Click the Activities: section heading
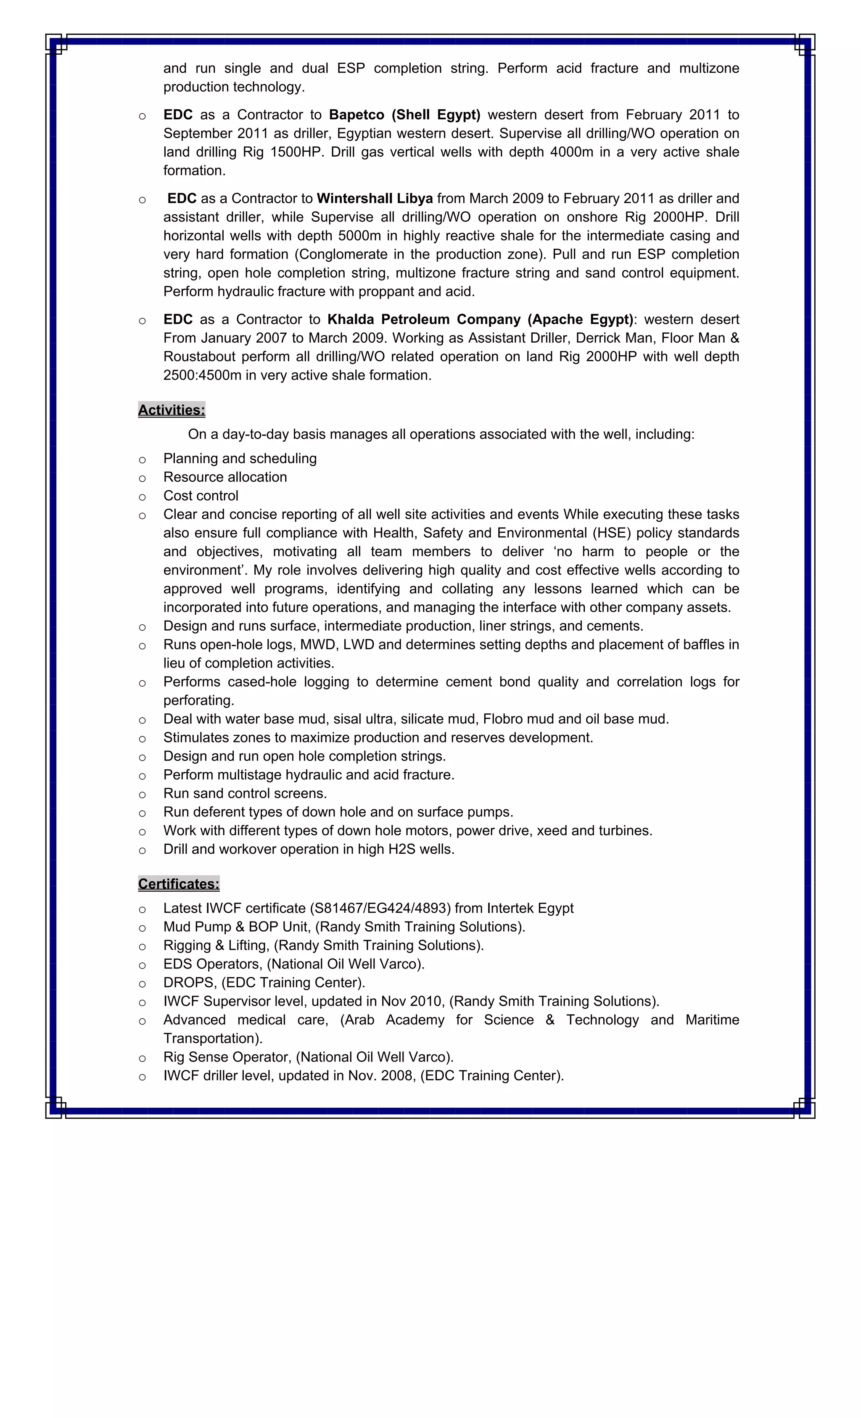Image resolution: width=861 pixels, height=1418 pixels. pyautogui.click(x=172, y=410)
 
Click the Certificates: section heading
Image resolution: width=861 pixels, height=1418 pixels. pyautogui.click(x=178, y=883)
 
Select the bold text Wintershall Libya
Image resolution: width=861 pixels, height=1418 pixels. pyautogui.click(x=375, y=198)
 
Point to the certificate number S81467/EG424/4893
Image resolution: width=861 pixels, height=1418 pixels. pyautogui.click(x=381, y=908)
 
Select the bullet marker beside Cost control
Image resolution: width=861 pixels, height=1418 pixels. pyautogui.click(x=142, y=496)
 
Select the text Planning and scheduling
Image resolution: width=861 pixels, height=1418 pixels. pyautogui.click(x=240, y=459)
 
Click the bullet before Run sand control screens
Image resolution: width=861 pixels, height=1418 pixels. pyautogui.click(x=142, y=794)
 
